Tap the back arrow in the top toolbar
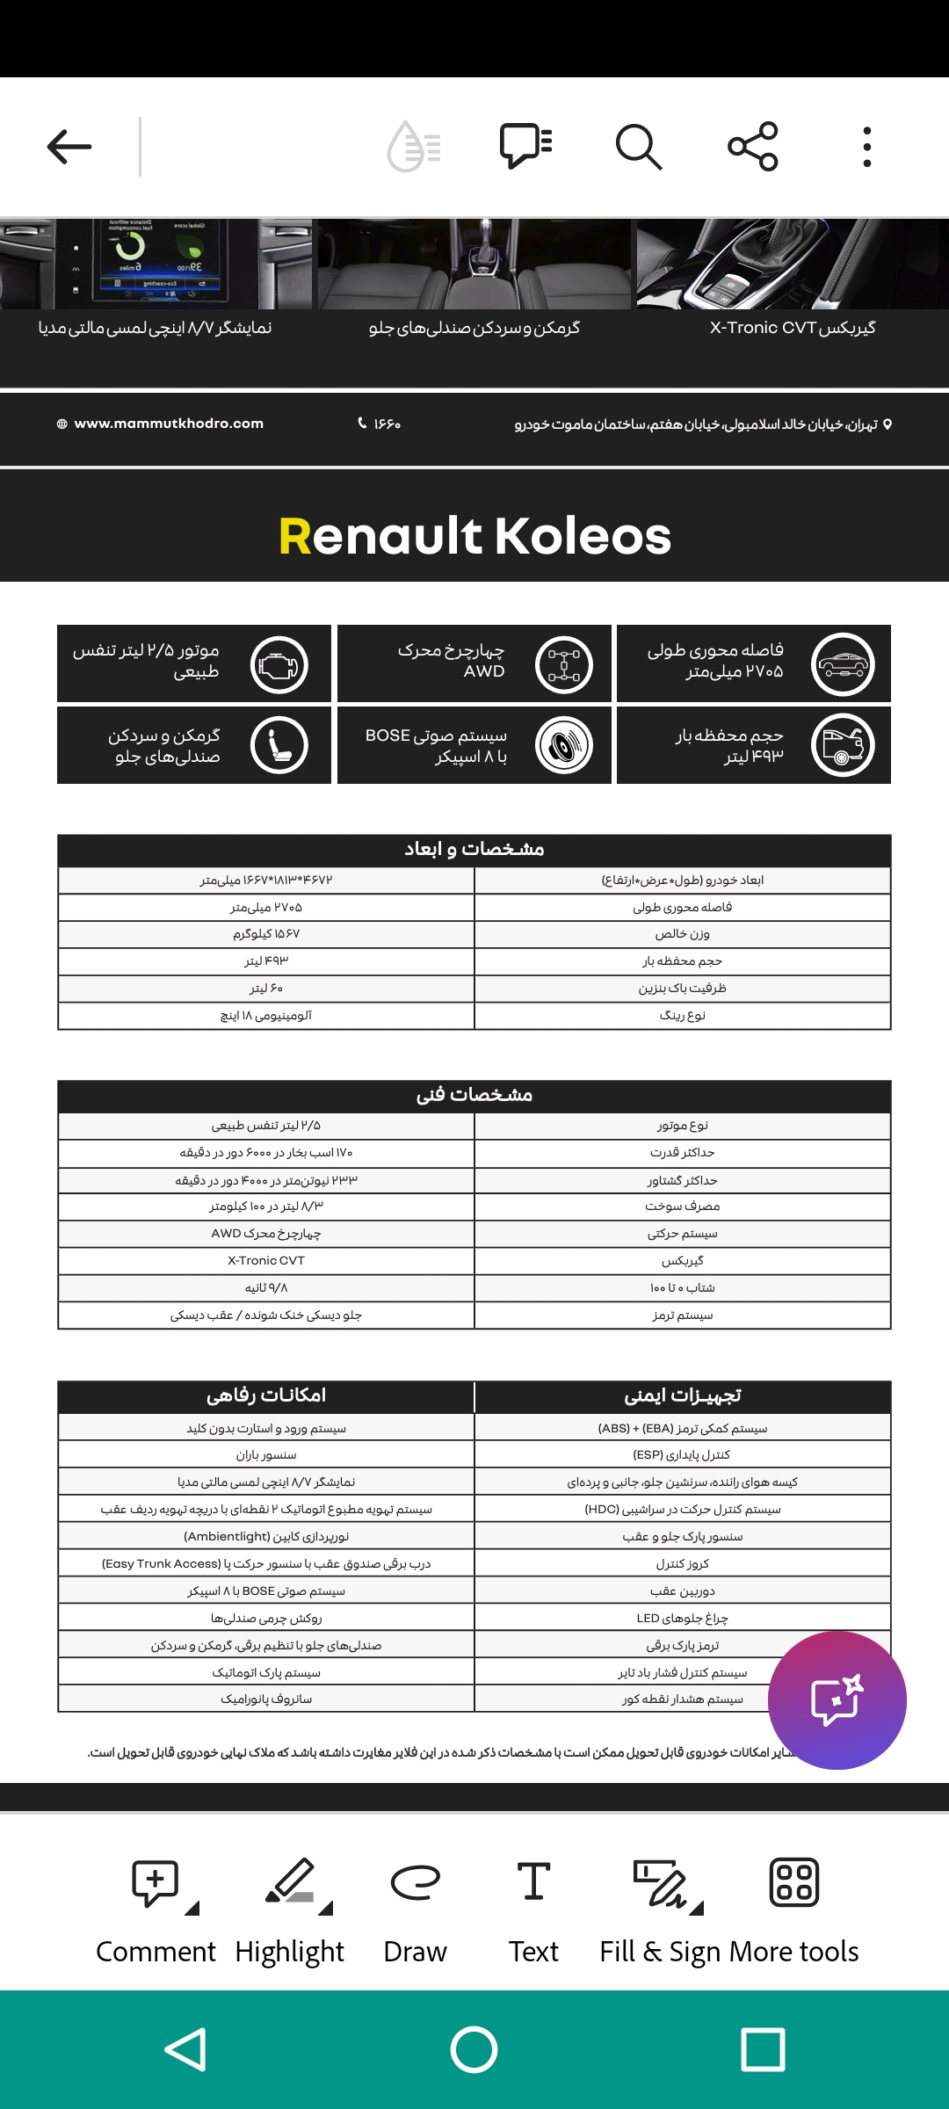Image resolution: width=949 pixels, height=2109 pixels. click(69, 147)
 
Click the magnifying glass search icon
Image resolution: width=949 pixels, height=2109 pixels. click(639, 147)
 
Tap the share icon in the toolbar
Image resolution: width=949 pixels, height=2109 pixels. click(753, 147)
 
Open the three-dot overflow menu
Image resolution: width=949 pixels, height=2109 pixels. click(866, 147)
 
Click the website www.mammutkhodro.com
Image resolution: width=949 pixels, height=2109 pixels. click(168, 424)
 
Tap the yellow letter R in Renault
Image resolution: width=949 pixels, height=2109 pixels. click(295, 536)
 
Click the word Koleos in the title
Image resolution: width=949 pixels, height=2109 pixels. click(583, 536)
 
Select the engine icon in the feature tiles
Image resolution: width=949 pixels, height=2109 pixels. click(279, 664)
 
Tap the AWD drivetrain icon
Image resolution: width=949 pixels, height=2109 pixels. click(563, 664)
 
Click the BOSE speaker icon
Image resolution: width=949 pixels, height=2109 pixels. click(564, 745)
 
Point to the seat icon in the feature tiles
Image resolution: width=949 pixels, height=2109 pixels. click(279, 745)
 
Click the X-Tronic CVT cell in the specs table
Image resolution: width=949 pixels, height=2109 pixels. click(266, 1261)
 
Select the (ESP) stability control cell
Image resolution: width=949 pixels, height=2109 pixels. click(682, 1455)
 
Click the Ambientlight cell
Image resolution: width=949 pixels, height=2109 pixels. click(266, 1537)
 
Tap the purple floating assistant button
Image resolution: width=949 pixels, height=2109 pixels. click(837, 1700)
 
